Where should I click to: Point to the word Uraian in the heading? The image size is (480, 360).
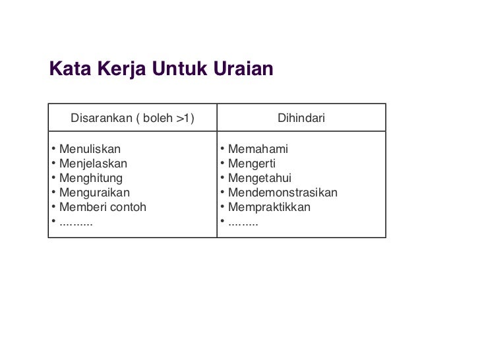242,69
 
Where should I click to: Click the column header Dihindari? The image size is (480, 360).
301,119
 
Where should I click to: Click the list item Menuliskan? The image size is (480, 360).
90,149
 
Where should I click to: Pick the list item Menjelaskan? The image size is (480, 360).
93,164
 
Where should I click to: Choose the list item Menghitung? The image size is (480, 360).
90,178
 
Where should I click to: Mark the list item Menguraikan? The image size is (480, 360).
94,193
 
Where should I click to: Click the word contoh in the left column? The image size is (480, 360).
129,207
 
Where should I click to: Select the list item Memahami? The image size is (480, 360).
258,149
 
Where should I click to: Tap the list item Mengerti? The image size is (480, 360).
252,164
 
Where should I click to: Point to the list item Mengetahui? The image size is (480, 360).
259,178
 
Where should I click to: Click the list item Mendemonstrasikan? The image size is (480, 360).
282,193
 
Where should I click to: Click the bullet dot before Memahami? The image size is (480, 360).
223,149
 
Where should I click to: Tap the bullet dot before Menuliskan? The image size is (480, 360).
53,149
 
